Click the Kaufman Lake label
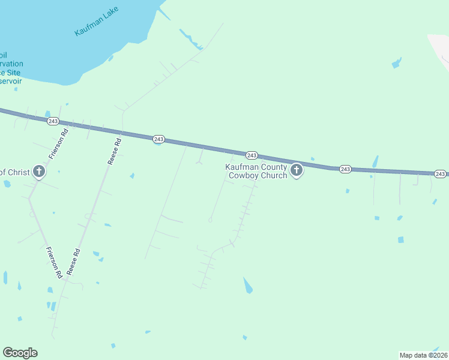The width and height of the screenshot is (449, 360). pyautogui.click(x=97, y=22)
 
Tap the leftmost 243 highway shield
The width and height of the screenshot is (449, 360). pyautogui.click(x=52, y=121)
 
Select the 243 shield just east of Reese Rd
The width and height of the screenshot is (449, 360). pyautogui.click(x=158, y=139)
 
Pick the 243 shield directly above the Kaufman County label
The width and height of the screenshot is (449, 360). pyautogui.click(x=252, y=155)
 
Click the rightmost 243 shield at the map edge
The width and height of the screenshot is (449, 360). pyautogui.click(x=440, y=174)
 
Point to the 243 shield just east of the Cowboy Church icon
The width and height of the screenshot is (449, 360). pyautogui.click(x=345, y=169)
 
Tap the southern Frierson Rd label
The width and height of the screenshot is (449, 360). pyautogui.click(x=55, y=264)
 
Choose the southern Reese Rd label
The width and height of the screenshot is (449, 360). pyautogui.click(x=74, y=262)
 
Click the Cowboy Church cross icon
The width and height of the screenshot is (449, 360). pyautogui.click(x=296, y=171)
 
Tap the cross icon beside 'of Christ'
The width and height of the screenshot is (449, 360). pyautogui.click(x=39, y=172)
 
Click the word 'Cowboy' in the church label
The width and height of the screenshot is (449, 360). pyautogui.click(x=244, y=176)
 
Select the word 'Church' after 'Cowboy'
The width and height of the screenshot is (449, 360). pyautogui.click(x=273, y=176)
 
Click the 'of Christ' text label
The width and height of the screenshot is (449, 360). pyautogui.click(x=14, y=173)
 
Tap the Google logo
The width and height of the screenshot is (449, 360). pyautogui.click(x=20, y=353)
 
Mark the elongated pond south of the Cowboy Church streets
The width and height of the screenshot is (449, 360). pyautogui.click(x=247, y=286)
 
